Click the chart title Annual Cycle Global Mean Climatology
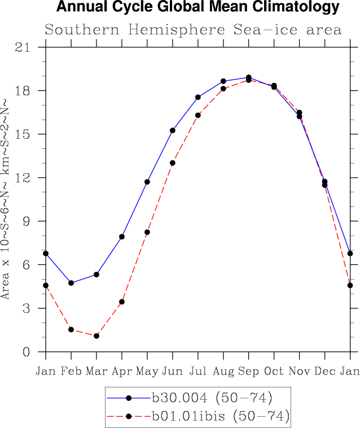point(197,8)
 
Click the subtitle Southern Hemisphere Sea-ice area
point(193,30)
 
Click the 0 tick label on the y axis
point(26,352)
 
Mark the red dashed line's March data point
point(96,336)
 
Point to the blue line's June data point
point(173,130)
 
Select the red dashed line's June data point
point(173,163)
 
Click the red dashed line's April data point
point(122,302)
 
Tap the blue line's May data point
point(147,182)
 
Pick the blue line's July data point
point(198,97)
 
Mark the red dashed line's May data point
point(147,232)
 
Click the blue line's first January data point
point(46,254)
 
